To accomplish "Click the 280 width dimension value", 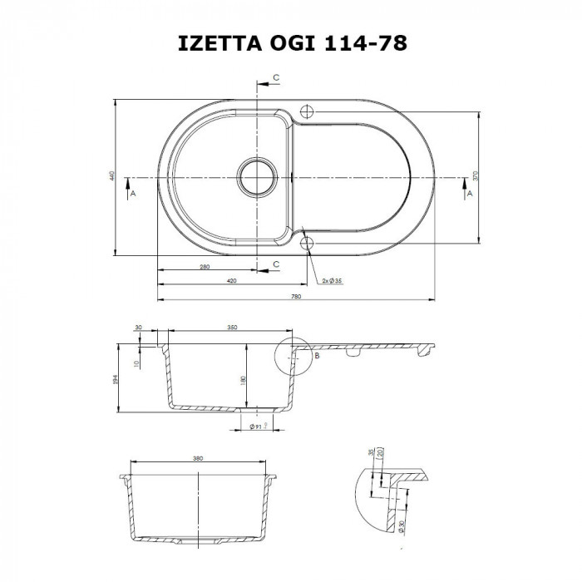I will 204,266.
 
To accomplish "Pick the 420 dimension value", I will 231,281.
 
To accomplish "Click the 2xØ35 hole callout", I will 333,282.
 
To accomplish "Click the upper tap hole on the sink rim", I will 306,111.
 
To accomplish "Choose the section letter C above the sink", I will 276,77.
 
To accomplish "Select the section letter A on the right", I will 470,193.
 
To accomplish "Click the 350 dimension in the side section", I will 231,328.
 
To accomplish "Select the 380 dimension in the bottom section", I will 198,457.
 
